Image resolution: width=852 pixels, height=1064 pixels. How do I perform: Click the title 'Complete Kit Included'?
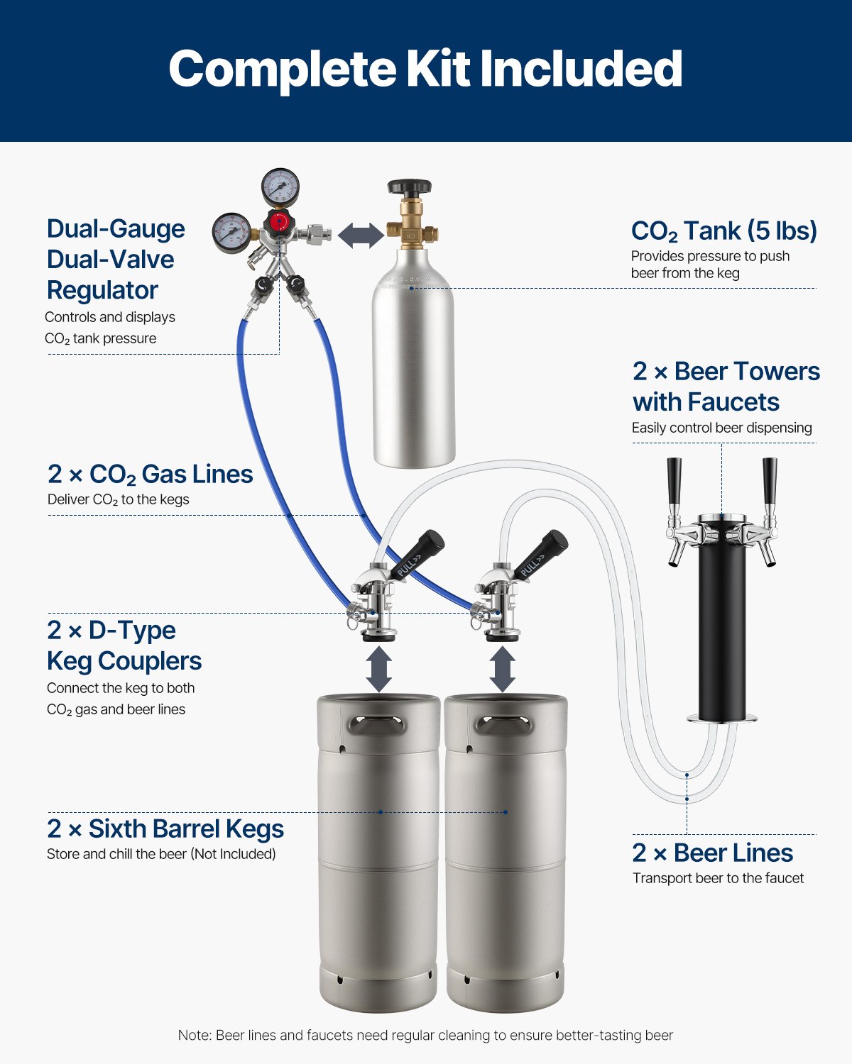425,69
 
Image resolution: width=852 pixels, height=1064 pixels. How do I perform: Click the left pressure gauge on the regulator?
231,233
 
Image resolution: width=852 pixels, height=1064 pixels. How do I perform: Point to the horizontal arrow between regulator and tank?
361,235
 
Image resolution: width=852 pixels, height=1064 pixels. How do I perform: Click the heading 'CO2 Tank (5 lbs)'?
723,231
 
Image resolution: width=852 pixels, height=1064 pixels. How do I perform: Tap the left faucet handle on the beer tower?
673,482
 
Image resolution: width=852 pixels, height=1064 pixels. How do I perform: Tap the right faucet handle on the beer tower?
770,482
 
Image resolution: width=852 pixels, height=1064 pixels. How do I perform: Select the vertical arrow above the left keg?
379,668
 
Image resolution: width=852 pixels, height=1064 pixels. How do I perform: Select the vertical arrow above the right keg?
503,668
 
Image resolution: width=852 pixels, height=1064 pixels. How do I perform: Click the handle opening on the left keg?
378,725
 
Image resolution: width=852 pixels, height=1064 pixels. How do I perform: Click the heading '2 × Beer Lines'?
712,853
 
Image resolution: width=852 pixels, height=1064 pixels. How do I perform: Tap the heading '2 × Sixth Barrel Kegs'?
165,829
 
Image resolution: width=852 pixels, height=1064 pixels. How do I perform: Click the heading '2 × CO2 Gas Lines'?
150,474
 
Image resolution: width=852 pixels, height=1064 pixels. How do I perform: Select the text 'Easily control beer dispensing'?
721,428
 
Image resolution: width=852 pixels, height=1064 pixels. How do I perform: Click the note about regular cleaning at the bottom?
425,1036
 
